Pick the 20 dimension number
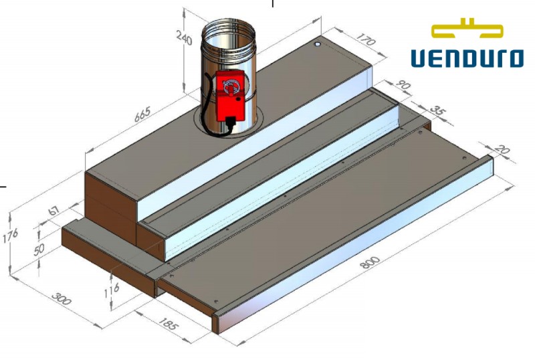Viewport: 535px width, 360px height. [503, 151]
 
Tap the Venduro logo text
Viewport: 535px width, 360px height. [466, 58]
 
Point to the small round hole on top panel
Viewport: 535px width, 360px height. [318, 44]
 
